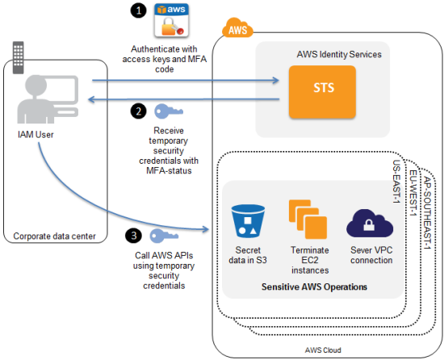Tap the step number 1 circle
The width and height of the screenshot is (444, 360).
(x=136, y=10)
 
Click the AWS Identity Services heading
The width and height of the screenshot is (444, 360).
(x=339, y=54)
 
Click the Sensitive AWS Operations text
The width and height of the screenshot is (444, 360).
(x=307, y=287)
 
